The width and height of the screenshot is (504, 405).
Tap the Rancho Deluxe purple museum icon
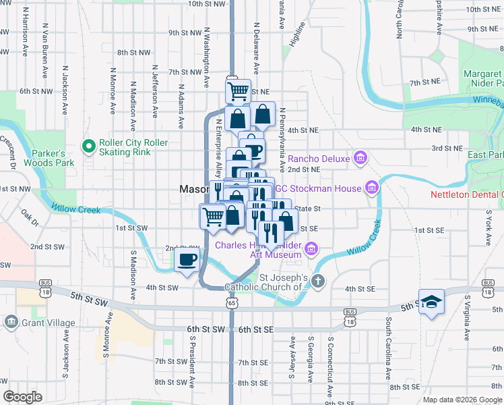[360, 159]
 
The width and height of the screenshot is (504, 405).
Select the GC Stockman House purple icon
[371, 186]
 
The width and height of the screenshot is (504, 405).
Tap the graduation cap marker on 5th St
[431, 302]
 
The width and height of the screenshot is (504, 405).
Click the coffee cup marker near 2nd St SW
[187, 259]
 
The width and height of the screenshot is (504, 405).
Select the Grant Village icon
[11, 323]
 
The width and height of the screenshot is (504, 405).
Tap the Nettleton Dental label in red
[467, 195]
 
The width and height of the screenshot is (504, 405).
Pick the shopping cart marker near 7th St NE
[238, 91]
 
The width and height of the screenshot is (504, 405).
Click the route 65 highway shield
[232, 304]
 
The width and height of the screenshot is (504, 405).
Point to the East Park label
[486, 155]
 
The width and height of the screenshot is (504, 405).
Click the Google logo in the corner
[23, 396]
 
